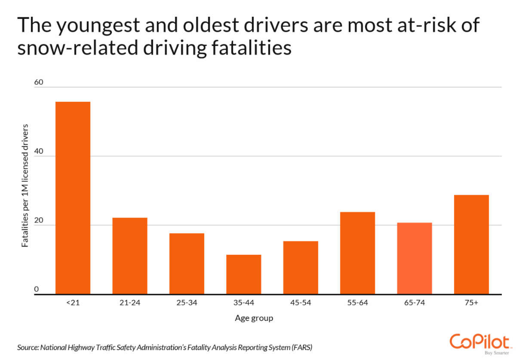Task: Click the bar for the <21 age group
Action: [x=73, y=198]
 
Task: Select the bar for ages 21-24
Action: [x=130, y=256]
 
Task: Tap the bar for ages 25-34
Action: [x=187, y=264]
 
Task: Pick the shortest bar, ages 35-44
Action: [x=243, y=275]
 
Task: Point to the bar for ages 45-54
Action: [x=301, y=268]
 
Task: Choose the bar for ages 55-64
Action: [x=357, y=253]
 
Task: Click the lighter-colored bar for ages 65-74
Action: [x=414, y=259]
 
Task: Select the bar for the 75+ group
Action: [x=471, y=244]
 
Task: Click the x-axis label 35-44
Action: [x=243, y=303]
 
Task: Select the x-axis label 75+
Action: [x=471, y=303]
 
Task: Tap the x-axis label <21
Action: [x=73, y=303]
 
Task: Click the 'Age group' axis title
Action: [x=254, y=318]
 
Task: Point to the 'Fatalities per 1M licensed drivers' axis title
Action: [x=25, y=186]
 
